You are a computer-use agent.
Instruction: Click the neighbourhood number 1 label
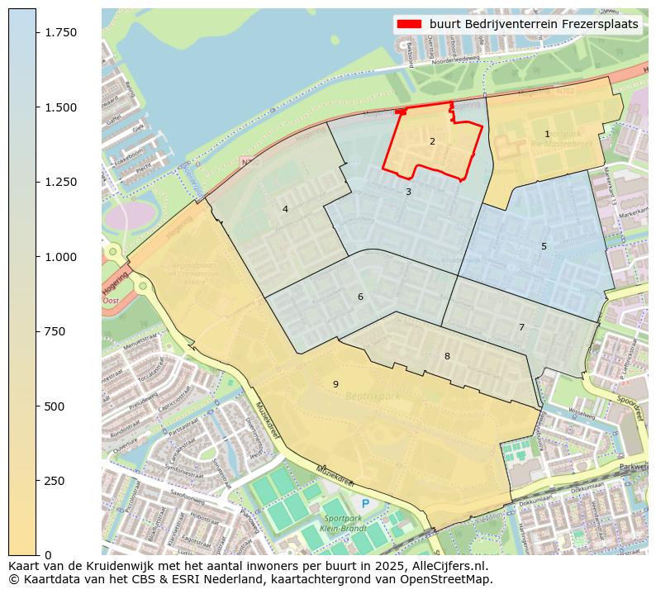click(547, 134)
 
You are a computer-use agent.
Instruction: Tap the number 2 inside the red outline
click(432, 141)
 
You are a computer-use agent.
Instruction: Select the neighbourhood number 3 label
click(408, 192)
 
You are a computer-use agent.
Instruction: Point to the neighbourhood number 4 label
click(285, 209)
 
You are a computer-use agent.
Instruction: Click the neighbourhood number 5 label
click(544, 246)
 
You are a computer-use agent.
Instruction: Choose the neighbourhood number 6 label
click(360, 297)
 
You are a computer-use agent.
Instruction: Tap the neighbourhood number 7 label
click(521, 327)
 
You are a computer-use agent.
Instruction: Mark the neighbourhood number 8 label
click(447, 356)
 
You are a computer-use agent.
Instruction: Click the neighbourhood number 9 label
click(335, 384)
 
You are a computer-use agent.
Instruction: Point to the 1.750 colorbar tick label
click(60, 32)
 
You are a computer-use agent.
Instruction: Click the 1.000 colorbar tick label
click(60, 257)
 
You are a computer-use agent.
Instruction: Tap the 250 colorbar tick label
click(54, 481)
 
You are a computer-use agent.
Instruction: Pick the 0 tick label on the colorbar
click(47, 555)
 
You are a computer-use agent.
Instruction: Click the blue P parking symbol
click(365, 503)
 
